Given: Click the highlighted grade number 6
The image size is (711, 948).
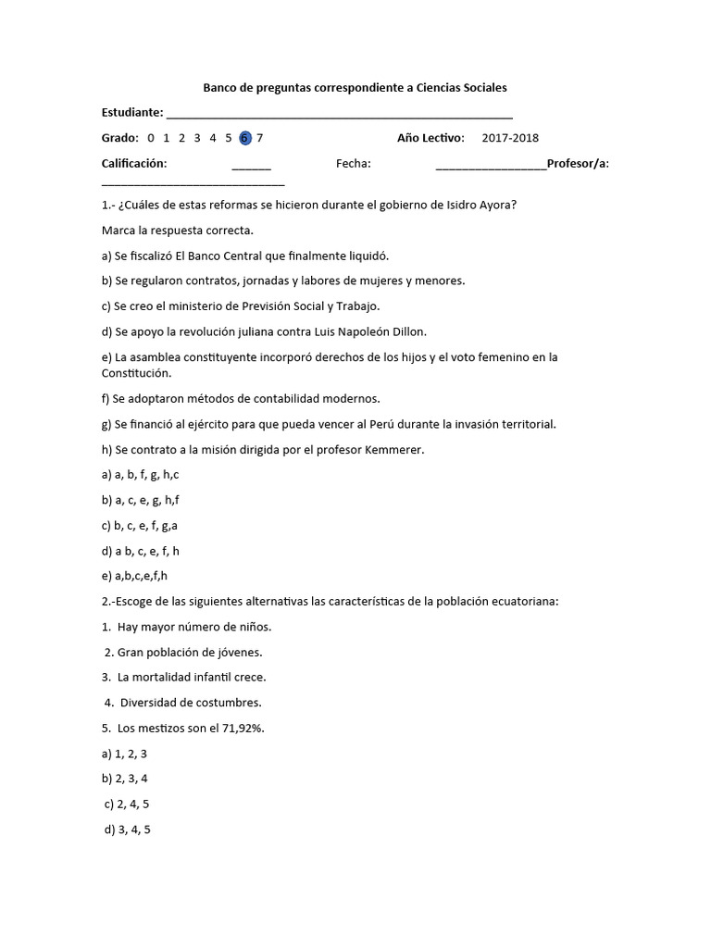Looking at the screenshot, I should tap(244, 139).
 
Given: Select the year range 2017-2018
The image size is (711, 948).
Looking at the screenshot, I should tap(510, 139).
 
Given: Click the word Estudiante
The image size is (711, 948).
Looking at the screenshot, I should tap(131, 113).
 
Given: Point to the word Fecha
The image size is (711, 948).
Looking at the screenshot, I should tap(354, 164).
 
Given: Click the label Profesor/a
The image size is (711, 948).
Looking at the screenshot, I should tap(578, 164).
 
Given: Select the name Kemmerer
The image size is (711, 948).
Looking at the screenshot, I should tap(393, 450).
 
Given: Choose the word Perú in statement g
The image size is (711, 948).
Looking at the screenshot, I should tap(384, 424).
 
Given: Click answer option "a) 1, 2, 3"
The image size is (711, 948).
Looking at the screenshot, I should tap(124, 754).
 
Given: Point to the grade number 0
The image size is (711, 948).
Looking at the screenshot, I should tap(150, 139).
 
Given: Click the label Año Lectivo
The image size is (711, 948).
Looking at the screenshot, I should tap(430, 139).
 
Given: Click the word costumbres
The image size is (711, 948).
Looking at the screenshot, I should tap(229, 702).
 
